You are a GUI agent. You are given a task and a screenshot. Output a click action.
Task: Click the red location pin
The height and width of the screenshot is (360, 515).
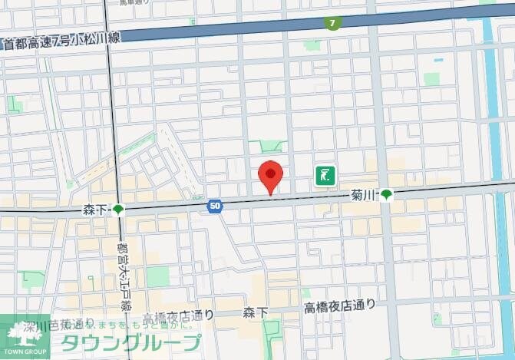click(x=269, y=175)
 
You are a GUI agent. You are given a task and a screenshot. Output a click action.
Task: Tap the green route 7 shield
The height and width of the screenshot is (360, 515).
click(x=332, y=24)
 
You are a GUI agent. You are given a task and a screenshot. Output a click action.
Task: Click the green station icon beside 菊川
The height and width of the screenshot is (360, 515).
click(x=388, y=196)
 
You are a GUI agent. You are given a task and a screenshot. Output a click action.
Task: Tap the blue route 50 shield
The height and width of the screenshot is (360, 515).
click(x=215, y=206)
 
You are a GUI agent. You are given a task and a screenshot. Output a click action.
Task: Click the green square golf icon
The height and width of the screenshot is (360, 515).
click(x=325, y=176)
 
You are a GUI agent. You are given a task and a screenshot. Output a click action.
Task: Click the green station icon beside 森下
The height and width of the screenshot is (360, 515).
click(x=118, y=210)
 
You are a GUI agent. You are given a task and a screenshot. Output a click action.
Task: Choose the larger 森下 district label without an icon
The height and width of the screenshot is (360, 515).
click(x=256, y=312)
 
